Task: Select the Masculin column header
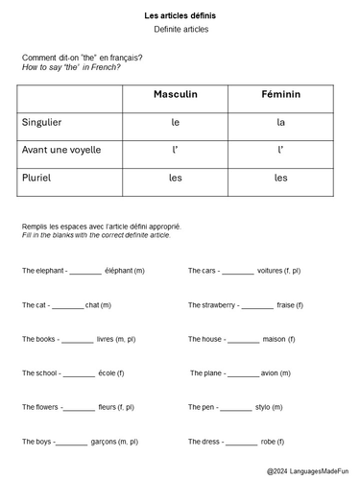tap(175, 95)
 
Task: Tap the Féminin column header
tap(280, 95)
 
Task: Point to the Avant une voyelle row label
tap(60, 150)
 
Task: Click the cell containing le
tap(175, 123)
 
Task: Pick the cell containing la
tap(280, 123)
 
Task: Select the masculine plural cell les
tap(175, 178)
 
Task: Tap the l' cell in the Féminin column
tap(280, 150)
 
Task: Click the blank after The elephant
tap(85, 273)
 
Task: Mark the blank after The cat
tap(68, 306)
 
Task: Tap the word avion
tap(270, 372)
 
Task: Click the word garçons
tap(102, 442)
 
